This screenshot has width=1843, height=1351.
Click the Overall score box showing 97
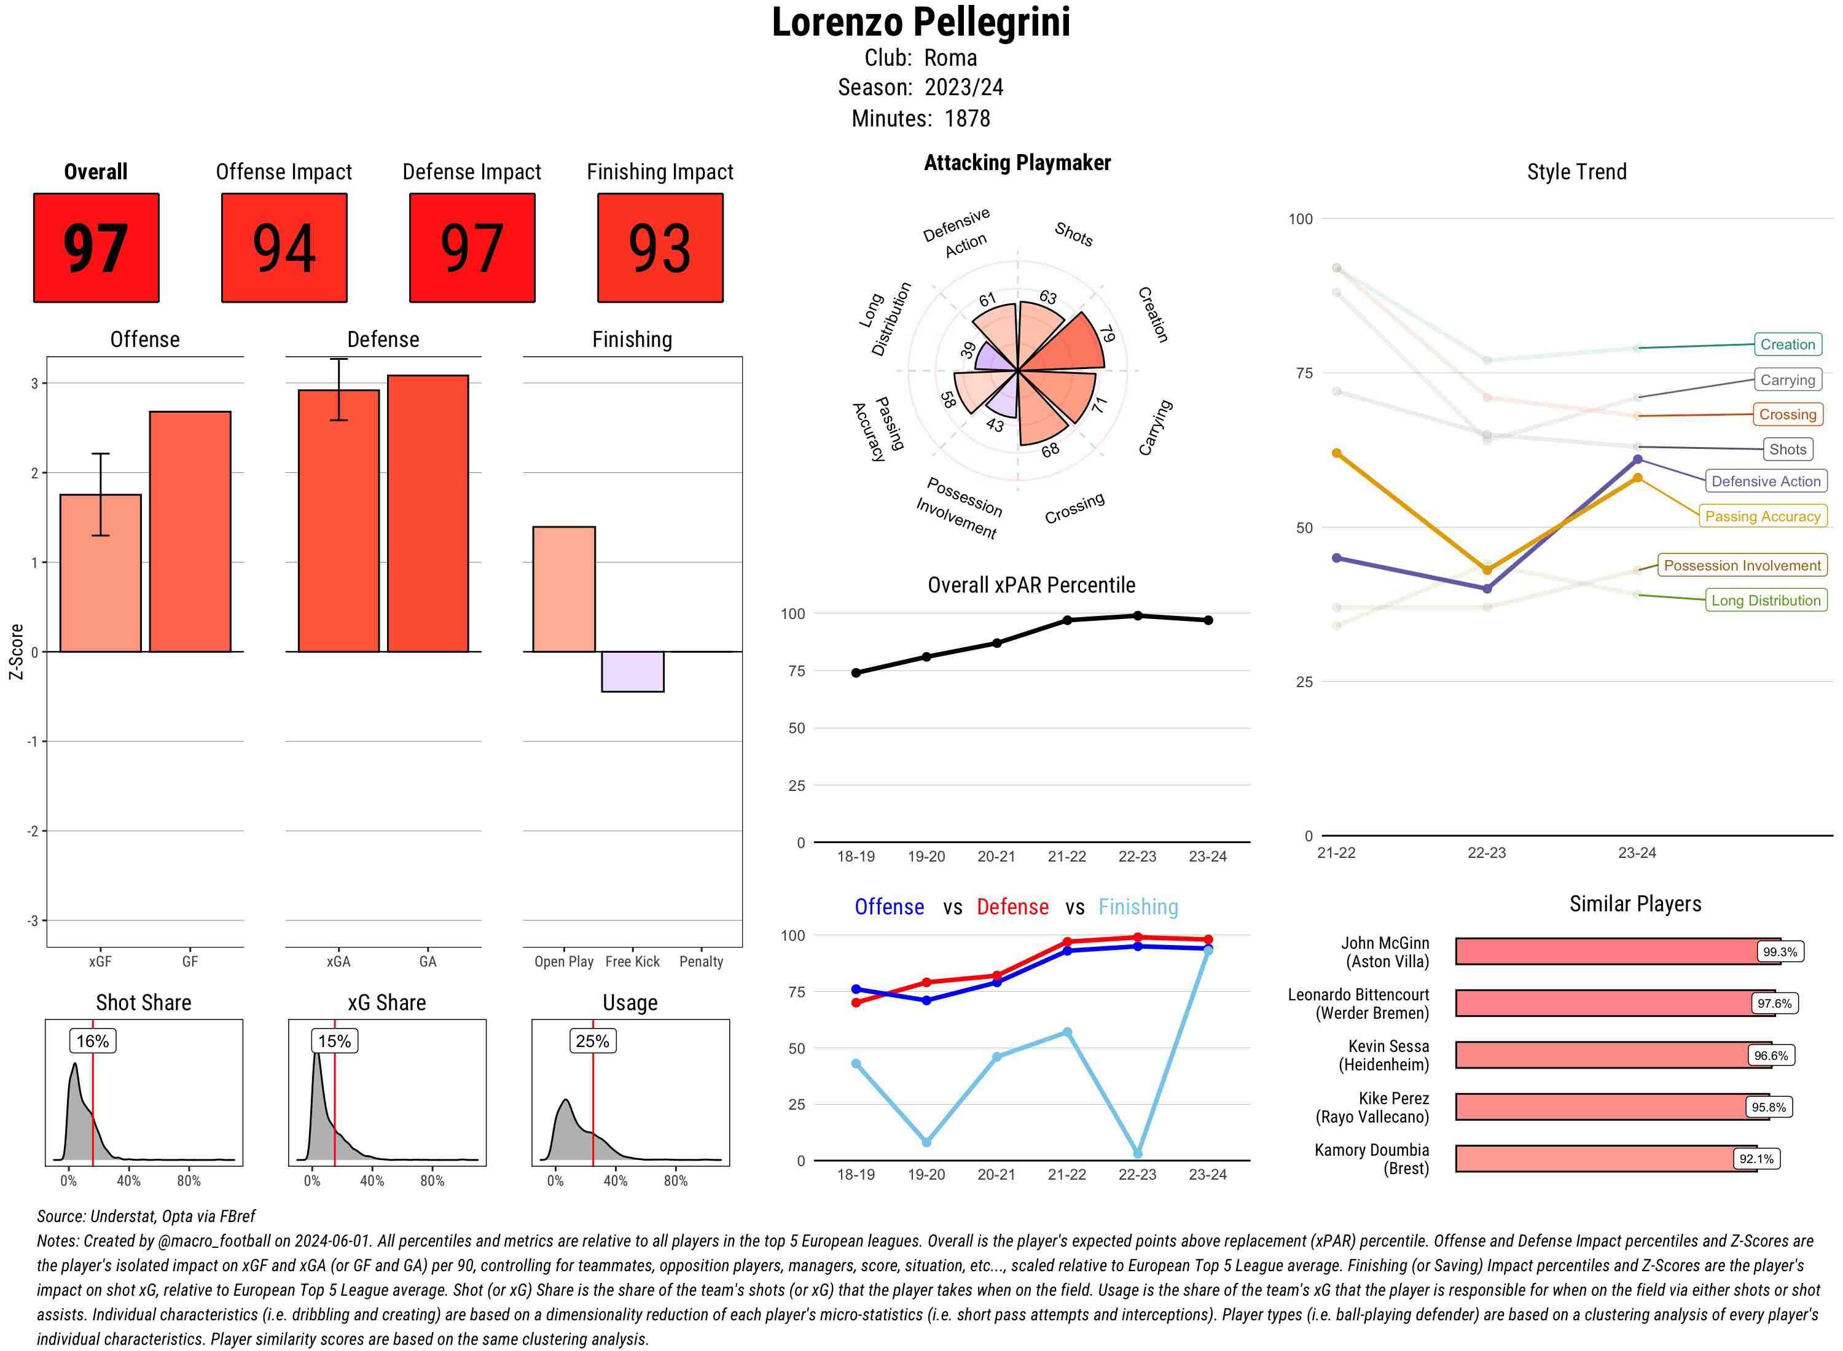[x=96, y=248]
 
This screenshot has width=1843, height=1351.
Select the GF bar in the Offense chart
[x=190, y=532]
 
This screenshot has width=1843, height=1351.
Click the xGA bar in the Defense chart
[x=338, y=520]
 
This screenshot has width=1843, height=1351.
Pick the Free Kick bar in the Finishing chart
[x=632, y=671]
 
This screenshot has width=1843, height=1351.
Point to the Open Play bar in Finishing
[x=563, y=589]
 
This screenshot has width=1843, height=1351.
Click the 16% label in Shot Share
[x=92, y=1041]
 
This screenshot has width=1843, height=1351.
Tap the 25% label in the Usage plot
[x=592, y=1041]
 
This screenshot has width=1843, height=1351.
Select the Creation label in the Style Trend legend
[x=1786, y=345]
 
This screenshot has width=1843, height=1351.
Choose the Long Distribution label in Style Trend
[x=1766, y=600]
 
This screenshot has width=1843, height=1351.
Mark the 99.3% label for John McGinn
[x=1779, y=952]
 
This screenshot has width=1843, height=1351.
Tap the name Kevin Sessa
[x=1388, y=1046]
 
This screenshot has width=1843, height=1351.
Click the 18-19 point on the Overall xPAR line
[x=856, y=673]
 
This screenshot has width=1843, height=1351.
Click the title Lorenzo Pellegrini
[x=920, y=22]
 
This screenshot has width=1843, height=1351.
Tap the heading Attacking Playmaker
[x=1017, y=163]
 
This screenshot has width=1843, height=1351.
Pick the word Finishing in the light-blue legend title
[x=1138, y=907]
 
